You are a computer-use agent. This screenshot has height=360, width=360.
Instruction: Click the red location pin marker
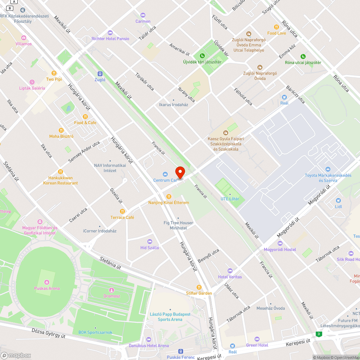pyautogui.click(x=180, y=172)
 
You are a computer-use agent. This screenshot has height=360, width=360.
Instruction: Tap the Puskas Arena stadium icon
pyautogui.click(x=46, y=282)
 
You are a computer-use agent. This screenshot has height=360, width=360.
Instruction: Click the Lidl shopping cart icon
pyautogui.click(x=338, y=200)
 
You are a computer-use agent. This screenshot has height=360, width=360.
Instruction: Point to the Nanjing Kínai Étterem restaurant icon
pyautogui.click(x=168, y=196)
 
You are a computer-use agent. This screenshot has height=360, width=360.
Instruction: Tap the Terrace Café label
pyautogui.click(x=122, y=217)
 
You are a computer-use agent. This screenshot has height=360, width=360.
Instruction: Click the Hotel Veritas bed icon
pyautogui.click(x=230, y=270)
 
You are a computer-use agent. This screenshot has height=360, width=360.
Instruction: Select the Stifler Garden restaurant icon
pyautogui.click(x=199, y=287)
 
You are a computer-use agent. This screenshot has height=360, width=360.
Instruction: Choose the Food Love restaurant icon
pyautogui.click(x=276, y=27)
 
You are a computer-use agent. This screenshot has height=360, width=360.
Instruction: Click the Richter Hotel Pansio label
pyautogui.click(x=110, y=39)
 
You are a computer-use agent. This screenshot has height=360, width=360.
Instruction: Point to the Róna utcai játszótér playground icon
pyautogui.click(x=303, y=56)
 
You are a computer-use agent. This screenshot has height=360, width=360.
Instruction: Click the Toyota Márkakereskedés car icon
pyautogui.click(x=328, y=169)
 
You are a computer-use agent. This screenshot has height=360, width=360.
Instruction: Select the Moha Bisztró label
pyautogui.click(x=61, y=136)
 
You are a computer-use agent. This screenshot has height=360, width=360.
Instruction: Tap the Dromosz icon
pyautogui.click(x=112, y=290)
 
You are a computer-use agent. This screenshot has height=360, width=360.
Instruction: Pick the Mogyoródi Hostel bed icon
pyautogui.click(x=280, y=243)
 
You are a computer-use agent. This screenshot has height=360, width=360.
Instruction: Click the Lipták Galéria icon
pyautogui.click(x=32, y=82)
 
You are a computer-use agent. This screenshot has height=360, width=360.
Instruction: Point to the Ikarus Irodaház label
pyautogui.click(x=174, y=105)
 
